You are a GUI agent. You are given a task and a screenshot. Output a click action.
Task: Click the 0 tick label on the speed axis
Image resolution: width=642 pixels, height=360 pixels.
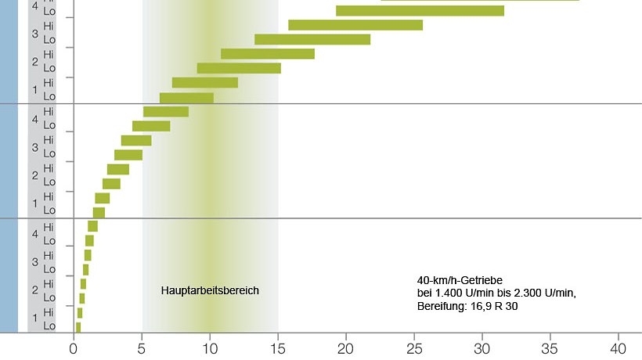click(74, 347)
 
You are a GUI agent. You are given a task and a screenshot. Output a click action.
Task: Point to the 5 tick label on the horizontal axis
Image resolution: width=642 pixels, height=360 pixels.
click(142, 347)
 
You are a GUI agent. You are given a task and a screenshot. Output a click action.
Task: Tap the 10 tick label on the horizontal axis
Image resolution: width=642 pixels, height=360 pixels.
click(209, 347)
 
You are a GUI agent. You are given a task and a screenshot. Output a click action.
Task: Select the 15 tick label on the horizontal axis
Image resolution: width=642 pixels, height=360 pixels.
click(277, 347)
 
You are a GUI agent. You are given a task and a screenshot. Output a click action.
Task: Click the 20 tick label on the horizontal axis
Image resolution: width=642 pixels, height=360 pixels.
click(346, 347)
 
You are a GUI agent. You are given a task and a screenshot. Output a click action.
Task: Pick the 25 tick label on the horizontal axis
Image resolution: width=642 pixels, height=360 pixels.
click(414, 347)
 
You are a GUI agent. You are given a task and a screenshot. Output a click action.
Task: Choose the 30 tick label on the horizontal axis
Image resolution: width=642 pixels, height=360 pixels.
click(482, 347)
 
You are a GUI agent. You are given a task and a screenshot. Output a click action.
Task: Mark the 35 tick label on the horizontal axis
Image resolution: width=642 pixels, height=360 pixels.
click(550, 347)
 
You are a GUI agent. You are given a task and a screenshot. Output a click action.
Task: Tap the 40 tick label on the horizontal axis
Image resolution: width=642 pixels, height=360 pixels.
click(619, 347)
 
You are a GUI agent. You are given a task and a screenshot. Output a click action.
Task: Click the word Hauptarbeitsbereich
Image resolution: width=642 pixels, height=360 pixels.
click(210, 290)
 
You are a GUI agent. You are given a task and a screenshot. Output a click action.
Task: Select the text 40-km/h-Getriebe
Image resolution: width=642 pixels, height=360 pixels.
click(460, 280)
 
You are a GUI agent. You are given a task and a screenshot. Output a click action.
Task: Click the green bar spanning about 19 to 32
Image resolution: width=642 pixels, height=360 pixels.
click(420, 11)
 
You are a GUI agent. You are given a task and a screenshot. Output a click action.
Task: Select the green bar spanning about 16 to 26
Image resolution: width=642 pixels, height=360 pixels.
click(355, 25)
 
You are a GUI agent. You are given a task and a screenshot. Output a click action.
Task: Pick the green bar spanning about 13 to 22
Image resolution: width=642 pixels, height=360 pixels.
click(312, 39)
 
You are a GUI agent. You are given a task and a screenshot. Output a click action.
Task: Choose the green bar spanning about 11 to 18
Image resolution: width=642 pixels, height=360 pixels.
click(268, 54)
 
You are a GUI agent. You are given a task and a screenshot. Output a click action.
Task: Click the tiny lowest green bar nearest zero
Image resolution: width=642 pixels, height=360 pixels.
click(78, 327)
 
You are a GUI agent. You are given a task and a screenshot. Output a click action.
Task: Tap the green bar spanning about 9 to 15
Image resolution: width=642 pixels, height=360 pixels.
click(239, 68)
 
